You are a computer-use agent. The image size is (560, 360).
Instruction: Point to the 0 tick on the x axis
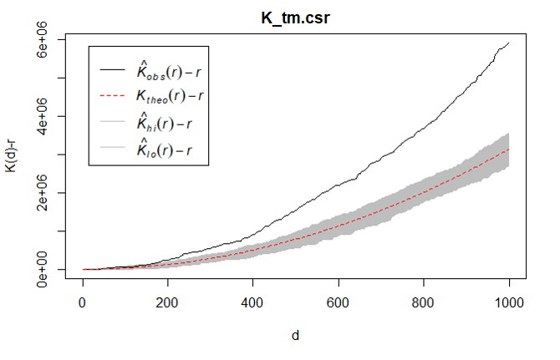[x=82, y=303]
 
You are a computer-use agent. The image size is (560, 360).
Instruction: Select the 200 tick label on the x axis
[x=168, y=303]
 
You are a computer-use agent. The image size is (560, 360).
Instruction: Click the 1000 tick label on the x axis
[x=508, y=303]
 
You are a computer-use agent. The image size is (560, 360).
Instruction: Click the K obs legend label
[x=171, y=69]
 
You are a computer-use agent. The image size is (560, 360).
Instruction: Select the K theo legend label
[x=171, y=97]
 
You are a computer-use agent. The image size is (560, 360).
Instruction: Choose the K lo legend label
[x=167, y=151]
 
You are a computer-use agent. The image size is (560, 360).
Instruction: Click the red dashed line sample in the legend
[x=113, y=97]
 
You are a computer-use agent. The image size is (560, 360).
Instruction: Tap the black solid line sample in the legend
[x=113, y=69]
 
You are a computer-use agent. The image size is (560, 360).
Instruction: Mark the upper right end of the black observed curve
[x=509, y=43]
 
